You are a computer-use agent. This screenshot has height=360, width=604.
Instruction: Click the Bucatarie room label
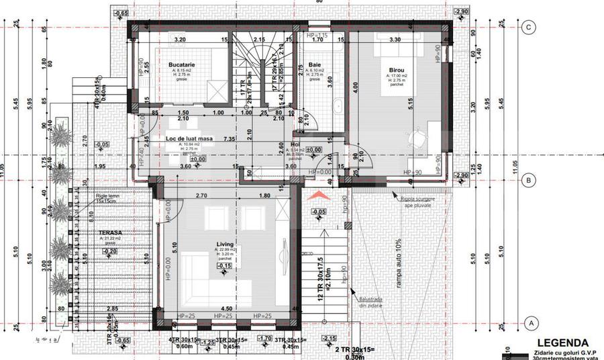181,64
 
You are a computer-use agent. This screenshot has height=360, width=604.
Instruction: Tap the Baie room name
315,64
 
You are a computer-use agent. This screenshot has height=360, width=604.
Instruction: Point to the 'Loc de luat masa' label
189,139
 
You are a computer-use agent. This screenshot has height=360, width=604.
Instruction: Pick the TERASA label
99,232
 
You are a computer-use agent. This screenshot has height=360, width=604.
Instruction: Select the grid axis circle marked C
530,28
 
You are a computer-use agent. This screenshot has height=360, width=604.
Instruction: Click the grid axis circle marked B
530,180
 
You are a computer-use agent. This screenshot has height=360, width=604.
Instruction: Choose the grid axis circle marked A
530,322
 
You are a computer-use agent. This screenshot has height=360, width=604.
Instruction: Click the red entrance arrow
319,195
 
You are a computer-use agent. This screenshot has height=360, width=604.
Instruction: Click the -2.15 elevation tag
329,338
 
